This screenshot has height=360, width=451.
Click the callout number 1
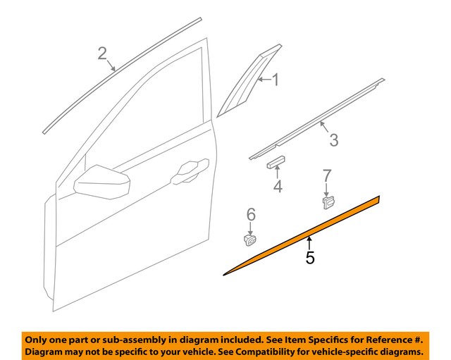pos(276,81)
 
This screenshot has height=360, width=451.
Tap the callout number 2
pos(103,54)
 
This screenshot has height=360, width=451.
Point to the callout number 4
pos(278,187)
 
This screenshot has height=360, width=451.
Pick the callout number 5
pos(310,259)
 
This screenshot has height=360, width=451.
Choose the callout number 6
pos(250,214)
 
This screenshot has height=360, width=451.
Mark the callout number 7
pos(327,175)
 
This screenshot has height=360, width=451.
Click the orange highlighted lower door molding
pos(303,235)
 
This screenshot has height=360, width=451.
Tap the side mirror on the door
pos(103,185)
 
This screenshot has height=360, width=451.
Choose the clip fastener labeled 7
pos(328,203)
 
